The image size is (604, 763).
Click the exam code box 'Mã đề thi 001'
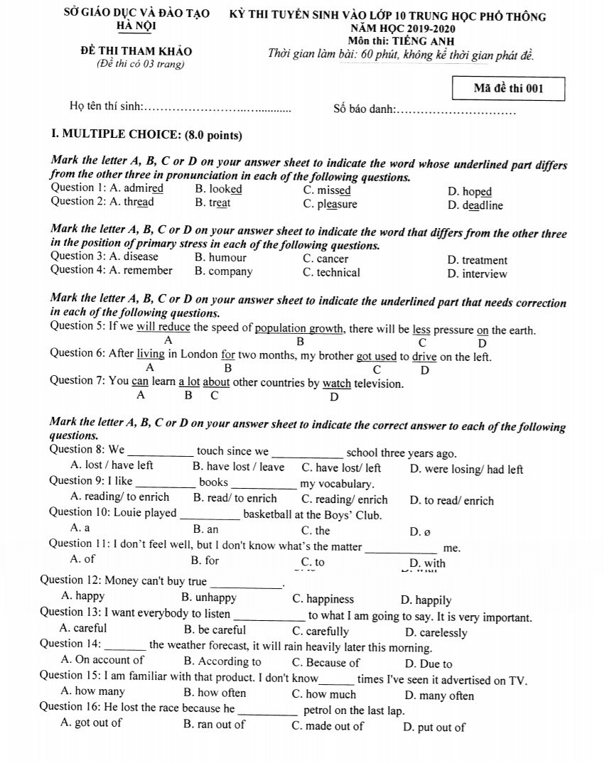point(508,89)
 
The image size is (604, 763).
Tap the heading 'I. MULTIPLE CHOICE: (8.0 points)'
point(147,135)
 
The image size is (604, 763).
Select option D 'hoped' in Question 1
point(476,192)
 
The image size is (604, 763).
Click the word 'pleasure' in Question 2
point(336,205)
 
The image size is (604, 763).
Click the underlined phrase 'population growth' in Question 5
point(299,329)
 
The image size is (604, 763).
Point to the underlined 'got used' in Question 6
point(376,356)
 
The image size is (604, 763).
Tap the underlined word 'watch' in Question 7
point(337,384)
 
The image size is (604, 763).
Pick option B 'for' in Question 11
point(212,561)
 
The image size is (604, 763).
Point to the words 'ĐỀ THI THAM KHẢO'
point(136,51)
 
